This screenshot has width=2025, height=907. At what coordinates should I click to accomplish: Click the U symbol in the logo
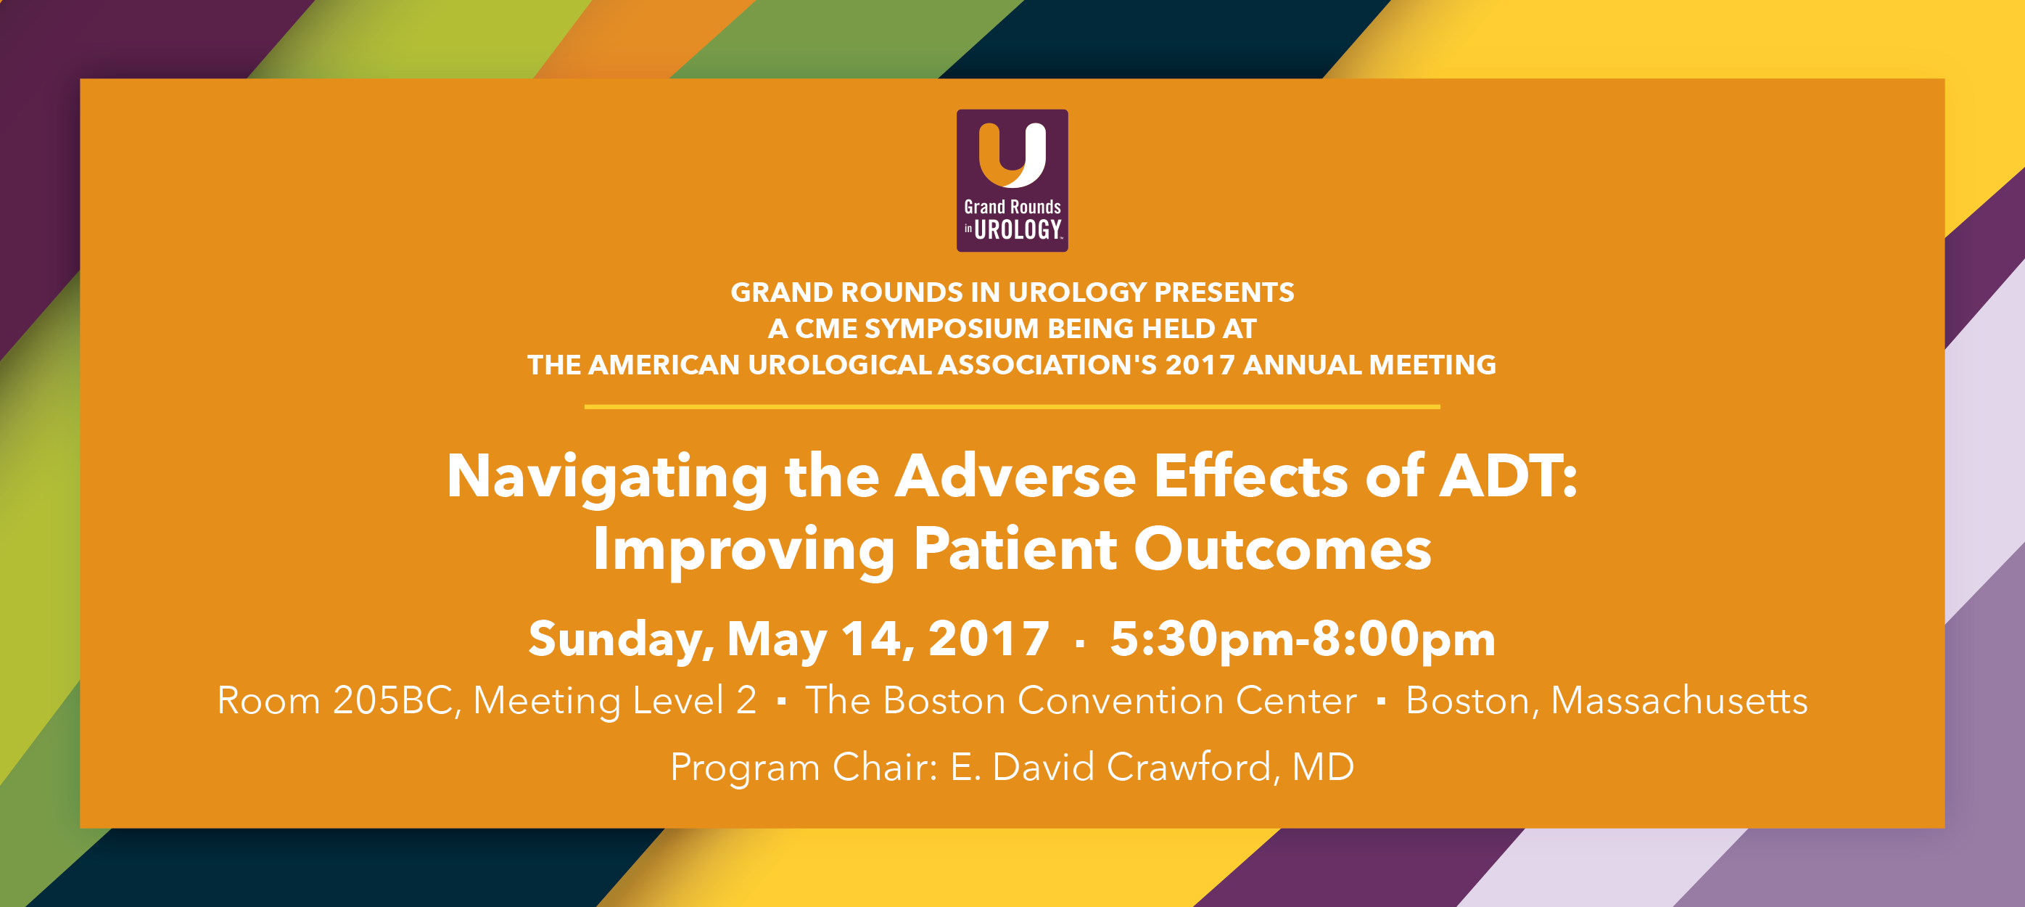[1012, 155]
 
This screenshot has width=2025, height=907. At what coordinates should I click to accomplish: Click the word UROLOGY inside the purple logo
[1018, 230]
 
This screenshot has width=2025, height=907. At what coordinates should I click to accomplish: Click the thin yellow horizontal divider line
[1012, 406]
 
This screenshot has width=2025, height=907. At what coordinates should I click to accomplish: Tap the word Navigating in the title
[607, 477]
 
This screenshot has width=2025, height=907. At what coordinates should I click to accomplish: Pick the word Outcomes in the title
[1282, 549]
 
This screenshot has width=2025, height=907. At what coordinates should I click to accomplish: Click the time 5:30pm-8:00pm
[1302, 639]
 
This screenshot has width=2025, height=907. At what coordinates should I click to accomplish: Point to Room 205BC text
[335, 700]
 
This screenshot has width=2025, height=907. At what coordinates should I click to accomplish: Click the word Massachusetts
[1678, 700]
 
